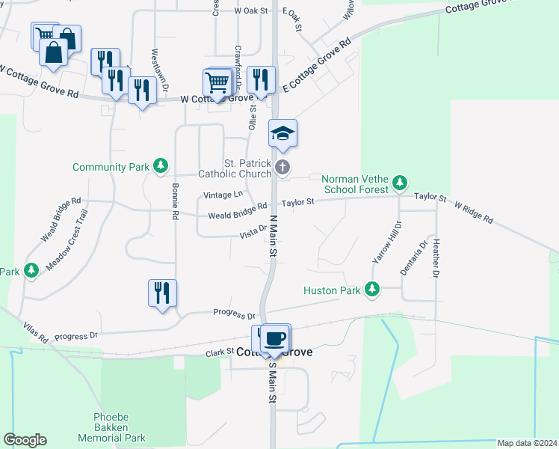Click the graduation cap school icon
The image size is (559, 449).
[x=282, y=134]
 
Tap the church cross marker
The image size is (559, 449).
[x=282, y=167]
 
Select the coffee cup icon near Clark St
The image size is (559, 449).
[x=276, y=337]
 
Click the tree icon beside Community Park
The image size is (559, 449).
[x=160, y=166]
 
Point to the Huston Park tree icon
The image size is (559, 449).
[x=371, y=290]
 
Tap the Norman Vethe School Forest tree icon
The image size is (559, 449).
[x=400, y=182]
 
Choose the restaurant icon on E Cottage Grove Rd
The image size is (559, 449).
[x=261, y=79]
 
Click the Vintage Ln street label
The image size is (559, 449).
[x=223, y=195]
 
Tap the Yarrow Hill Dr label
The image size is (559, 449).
[x=386, y=241]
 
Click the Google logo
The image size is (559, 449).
[x=25, y=440]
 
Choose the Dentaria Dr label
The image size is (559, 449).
[x=413, y=257]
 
